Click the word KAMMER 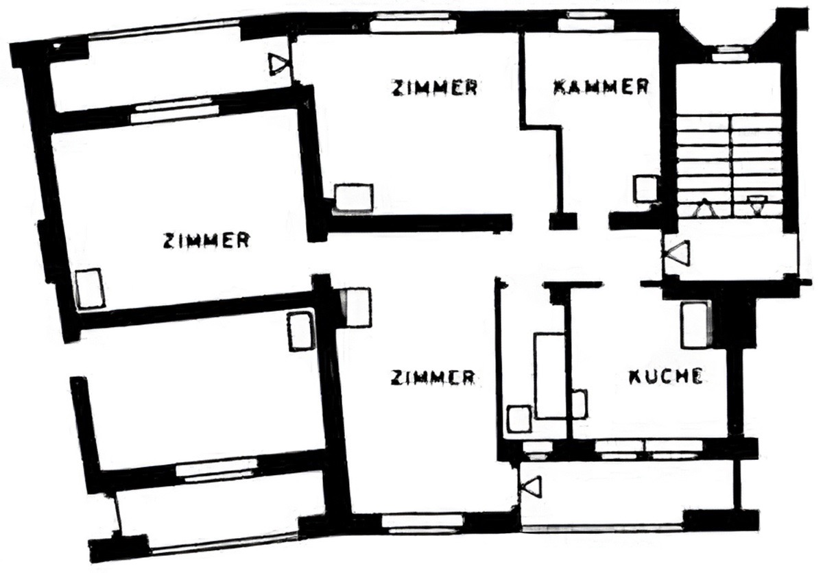point(601,87)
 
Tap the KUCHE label point(666,376)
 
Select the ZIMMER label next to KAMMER point(434,88)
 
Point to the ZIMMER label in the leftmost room point(206,241)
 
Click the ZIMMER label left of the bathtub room point(433,378)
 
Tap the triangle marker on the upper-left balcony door point(278,64)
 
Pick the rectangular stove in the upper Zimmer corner point(354,197)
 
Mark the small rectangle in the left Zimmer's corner point(90,289)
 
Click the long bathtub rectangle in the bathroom point(550,375)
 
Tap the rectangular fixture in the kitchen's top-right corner point(694,326)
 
